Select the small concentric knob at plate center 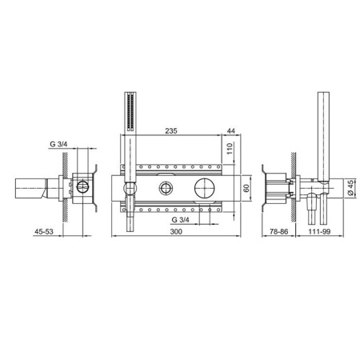point(166,189)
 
